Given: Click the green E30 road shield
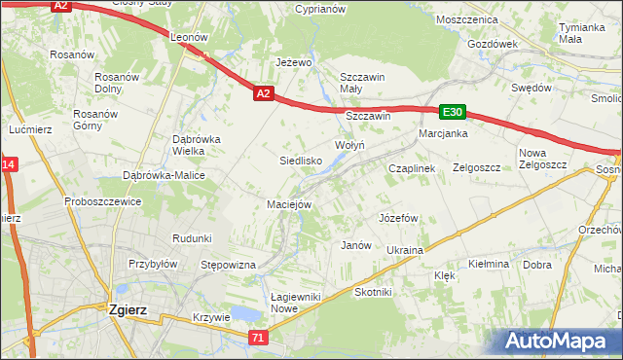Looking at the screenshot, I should point(452,112).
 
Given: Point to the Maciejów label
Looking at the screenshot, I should point(289,204).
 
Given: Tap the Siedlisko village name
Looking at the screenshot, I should point(301,160).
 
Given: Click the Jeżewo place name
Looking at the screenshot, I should point(293,62).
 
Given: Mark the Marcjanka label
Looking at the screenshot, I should point(443,133).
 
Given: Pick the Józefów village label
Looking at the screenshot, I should point(398,217).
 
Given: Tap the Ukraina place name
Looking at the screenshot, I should point(405,250).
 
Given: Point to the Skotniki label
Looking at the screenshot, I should point(373,292).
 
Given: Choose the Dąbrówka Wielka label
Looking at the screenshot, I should point(197,145).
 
